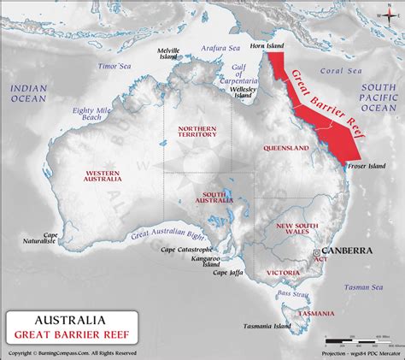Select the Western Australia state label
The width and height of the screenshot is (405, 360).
(x=108, y=175)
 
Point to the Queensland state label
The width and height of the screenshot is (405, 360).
(x=285, y=148)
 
